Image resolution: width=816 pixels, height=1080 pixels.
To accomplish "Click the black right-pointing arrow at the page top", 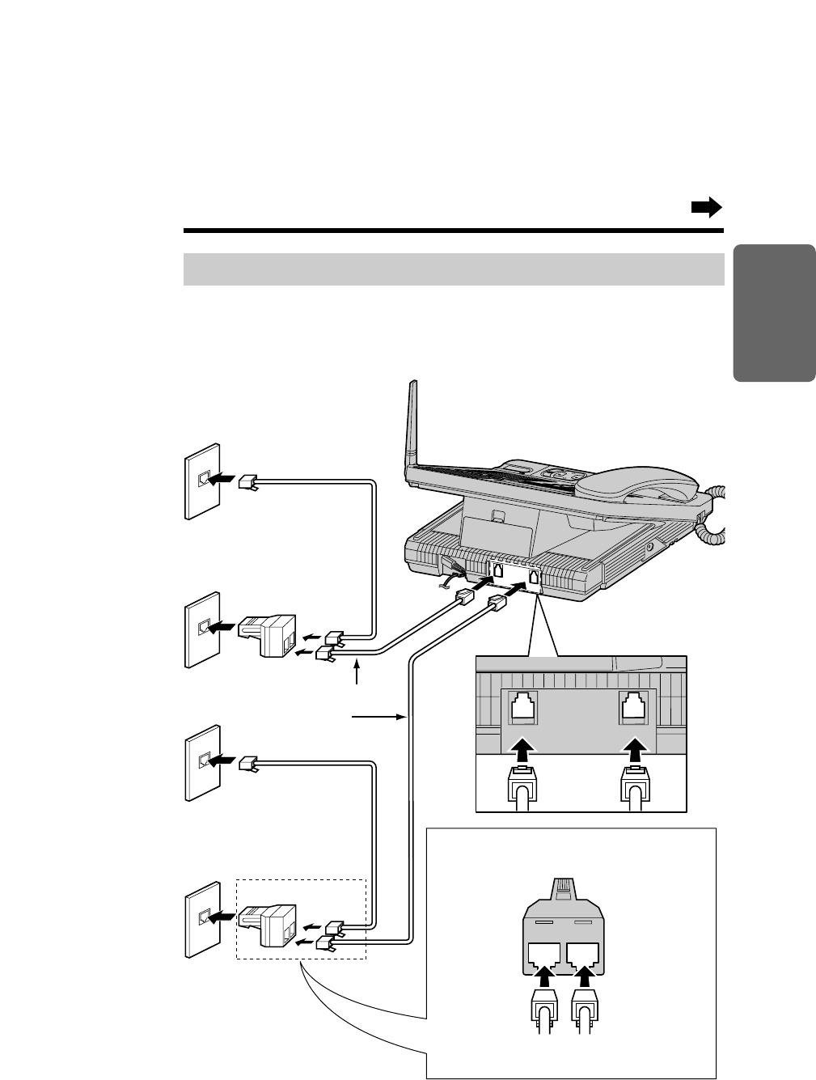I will coord(705,208).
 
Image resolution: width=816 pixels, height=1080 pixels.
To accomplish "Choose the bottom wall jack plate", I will coord(201,918).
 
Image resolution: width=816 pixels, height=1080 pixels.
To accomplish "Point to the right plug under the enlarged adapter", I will coord(586,1008).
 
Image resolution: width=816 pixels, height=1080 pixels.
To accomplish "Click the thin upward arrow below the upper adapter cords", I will coord(357,676).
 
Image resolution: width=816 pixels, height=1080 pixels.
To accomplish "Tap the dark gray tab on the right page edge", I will coord(774,312).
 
